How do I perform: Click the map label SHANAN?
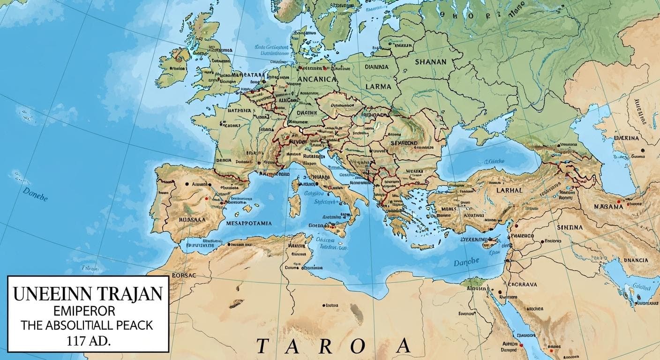point(431,61)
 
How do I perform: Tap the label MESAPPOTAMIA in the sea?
point(249,224)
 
